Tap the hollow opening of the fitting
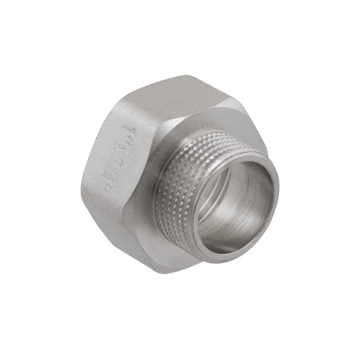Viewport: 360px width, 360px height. (240, 204)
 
